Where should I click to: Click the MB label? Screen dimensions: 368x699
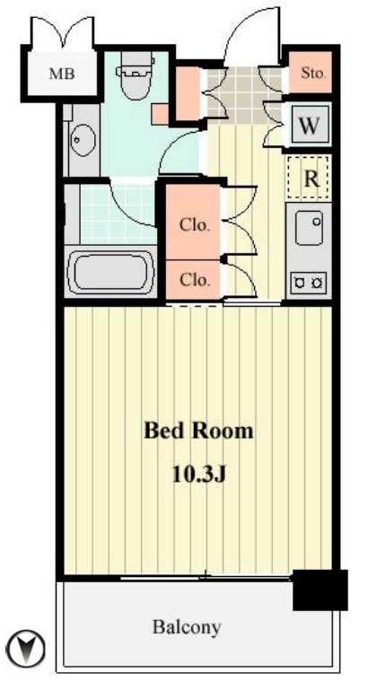(62, 74)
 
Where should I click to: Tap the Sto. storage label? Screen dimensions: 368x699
(313, 73)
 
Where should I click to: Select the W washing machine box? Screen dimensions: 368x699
(309, 126)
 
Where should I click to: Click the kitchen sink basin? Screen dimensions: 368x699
(309, 228)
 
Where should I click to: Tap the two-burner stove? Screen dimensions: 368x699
(308, 282)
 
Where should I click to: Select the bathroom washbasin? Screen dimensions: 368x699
(83, 140)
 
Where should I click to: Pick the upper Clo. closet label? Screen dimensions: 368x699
(195, 225)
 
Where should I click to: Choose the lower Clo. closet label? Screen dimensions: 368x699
(195, 280)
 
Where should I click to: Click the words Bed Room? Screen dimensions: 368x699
(198, 431)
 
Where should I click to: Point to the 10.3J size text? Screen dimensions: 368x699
(199, 475)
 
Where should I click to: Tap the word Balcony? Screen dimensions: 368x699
(187, 627)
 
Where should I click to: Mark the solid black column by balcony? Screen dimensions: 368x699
(320, 590)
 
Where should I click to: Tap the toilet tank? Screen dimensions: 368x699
(137, 60)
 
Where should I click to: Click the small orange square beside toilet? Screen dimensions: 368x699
(160, 115)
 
